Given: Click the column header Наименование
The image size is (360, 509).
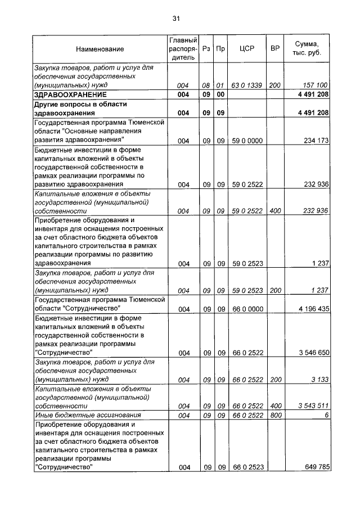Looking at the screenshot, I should tap(100, 49).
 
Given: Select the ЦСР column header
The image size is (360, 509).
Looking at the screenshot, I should tap(247, 49).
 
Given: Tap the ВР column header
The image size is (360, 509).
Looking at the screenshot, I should tap(275, 49).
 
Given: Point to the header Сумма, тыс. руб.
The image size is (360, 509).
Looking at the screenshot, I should tap(307, 49).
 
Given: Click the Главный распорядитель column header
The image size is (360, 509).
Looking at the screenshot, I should tap(182, 49).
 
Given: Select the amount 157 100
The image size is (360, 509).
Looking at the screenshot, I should tap(315, 85).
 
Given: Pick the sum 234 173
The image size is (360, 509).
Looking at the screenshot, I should tap(315, 141).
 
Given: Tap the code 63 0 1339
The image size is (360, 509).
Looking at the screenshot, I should tap(247, 85).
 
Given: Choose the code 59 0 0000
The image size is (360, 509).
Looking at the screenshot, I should tap(247, 141).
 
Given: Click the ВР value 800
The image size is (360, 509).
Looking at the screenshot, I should tap(275, 415).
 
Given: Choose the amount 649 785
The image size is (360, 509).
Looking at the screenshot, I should tap(315, 467).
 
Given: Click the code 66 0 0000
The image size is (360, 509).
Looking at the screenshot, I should tap(247, 309).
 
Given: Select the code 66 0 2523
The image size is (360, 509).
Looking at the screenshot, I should tap(247, 467).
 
